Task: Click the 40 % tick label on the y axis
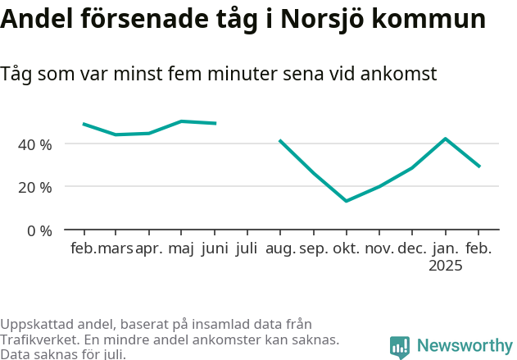pyautogui.click(x=35, y=144)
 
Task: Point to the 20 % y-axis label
pyautogui.click(x=35, y=187)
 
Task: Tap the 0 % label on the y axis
pyautogui.click(x=39, y=230)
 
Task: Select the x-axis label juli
pyautogui.click(x=247, y=248)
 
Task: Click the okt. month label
pyautogui.click(x=347, y=248)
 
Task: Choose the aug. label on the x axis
pyautogui.click(x=280, y=248)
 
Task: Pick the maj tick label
pyautogui.click(x=182, y=248)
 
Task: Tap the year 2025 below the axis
pyautogui.click(x=446, y=266)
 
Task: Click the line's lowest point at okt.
pyautogui.click(x=347, y=201)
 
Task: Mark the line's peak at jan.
pyautogui.click(x=445, y=139)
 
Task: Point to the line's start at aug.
pyautogui.click(x=280, y=140)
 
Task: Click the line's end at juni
pyautogui.click(x=215, y=123)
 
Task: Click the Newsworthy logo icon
pyautogui.click(x=400, y=347)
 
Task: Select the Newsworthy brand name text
pyautogui.click(x=464, y=346)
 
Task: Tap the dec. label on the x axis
pyautogui.click(x=412, y=248)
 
